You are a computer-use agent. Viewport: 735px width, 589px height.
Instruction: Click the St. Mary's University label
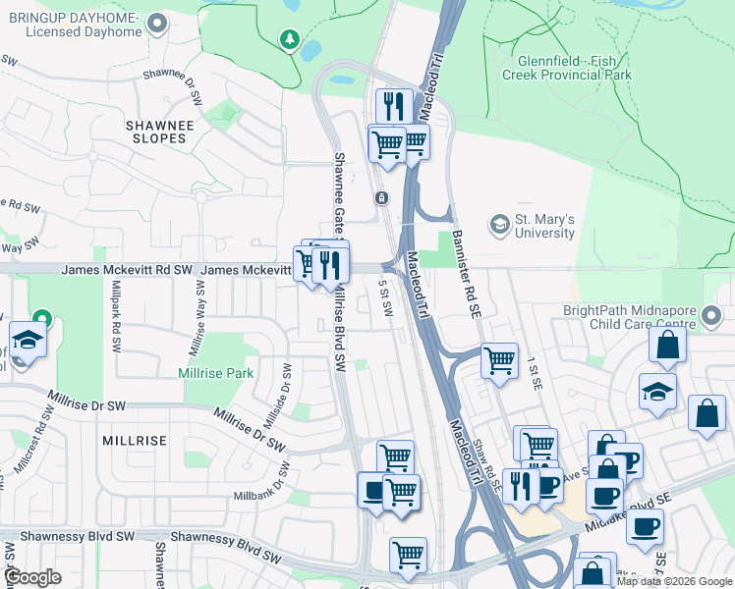[x=545, y=226]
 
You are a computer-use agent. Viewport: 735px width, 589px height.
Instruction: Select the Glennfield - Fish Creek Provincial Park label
[x=565, y=67]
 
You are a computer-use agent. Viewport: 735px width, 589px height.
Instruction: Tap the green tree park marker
[x=290, y=39]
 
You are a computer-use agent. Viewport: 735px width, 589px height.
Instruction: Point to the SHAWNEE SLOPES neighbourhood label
[x=156, y=132]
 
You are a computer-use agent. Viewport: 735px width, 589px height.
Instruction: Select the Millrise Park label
[x=216, y=373]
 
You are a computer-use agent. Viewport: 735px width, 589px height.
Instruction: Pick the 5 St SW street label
[x=386, y=296]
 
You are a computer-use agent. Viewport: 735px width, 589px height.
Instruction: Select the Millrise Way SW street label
[x=195, y=316]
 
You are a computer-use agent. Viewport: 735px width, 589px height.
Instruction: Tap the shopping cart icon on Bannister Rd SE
[x=499, y=360]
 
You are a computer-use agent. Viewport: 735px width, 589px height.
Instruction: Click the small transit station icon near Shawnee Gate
[x=381, y=198]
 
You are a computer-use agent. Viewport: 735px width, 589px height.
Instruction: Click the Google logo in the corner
[x=33, y=577]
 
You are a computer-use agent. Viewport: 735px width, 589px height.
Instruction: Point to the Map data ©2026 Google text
[x=674, y=581]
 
